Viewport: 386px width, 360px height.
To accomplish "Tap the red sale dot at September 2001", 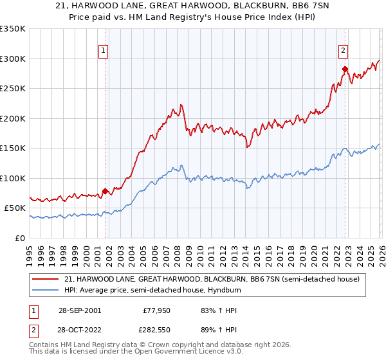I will (106, 191).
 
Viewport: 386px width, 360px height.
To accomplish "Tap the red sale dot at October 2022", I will (345, 69).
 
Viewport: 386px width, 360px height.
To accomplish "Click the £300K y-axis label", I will (13, 59).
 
